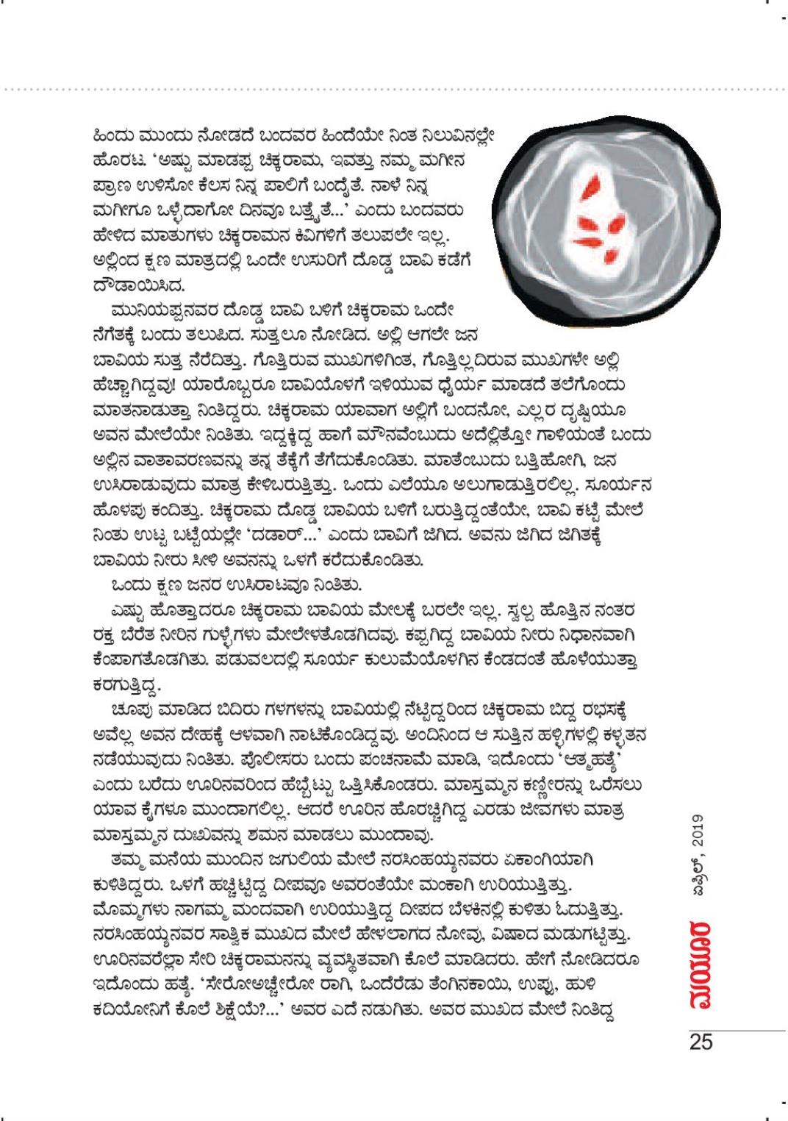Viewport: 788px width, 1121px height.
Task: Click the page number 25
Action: click(701, 1042)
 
